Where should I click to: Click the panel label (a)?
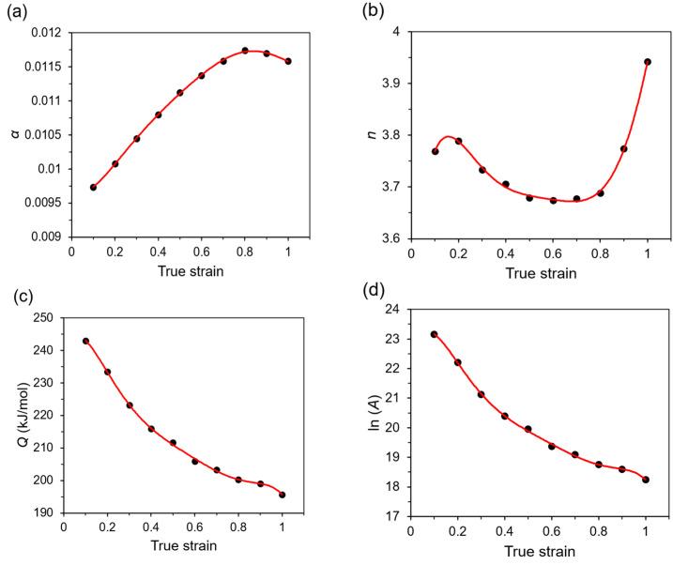[17, 12]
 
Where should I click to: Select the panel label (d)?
[359, 298]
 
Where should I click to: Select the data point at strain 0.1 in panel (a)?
[94, 187]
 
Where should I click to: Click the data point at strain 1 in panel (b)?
[647, 62]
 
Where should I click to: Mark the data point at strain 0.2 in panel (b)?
[458, 141]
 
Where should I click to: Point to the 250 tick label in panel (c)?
[41, 317]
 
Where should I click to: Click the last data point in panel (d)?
[646, 480]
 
